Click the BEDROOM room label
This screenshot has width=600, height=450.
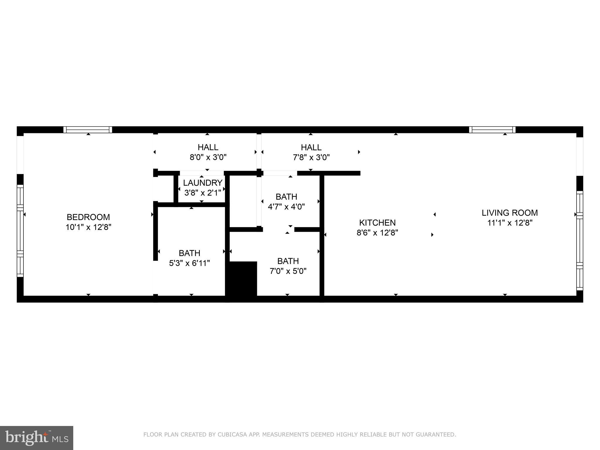[x=88, y=217]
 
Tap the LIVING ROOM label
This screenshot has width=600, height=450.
[x=509, y=213]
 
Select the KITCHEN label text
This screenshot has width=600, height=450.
[x=377, y=223]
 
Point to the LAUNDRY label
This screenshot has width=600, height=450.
[x=202, y=183]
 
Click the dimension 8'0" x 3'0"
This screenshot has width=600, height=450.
[x=208, y=157]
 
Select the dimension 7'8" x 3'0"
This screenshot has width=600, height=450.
[x=311, y=157]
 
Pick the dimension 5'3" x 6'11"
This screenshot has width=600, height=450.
[x=189, y=263]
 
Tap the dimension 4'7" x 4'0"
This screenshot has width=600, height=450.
[x=286, y=207]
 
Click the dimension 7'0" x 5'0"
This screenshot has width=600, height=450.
[x=288, y=271]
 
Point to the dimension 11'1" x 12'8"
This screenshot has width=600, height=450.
[x=509, y=223]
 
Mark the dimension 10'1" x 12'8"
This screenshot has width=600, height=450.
[x=88, y=227]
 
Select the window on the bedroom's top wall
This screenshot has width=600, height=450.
[x=88, y=130]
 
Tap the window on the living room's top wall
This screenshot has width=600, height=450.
[x=492, y=130]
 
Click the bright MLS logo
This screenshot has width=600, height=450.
[x=36, y=438]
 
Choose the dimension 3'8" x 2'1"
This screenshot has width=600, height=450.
[x=202, y=193]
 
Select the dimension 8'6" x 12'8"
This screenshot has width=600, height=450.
[x=377, y=233]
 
